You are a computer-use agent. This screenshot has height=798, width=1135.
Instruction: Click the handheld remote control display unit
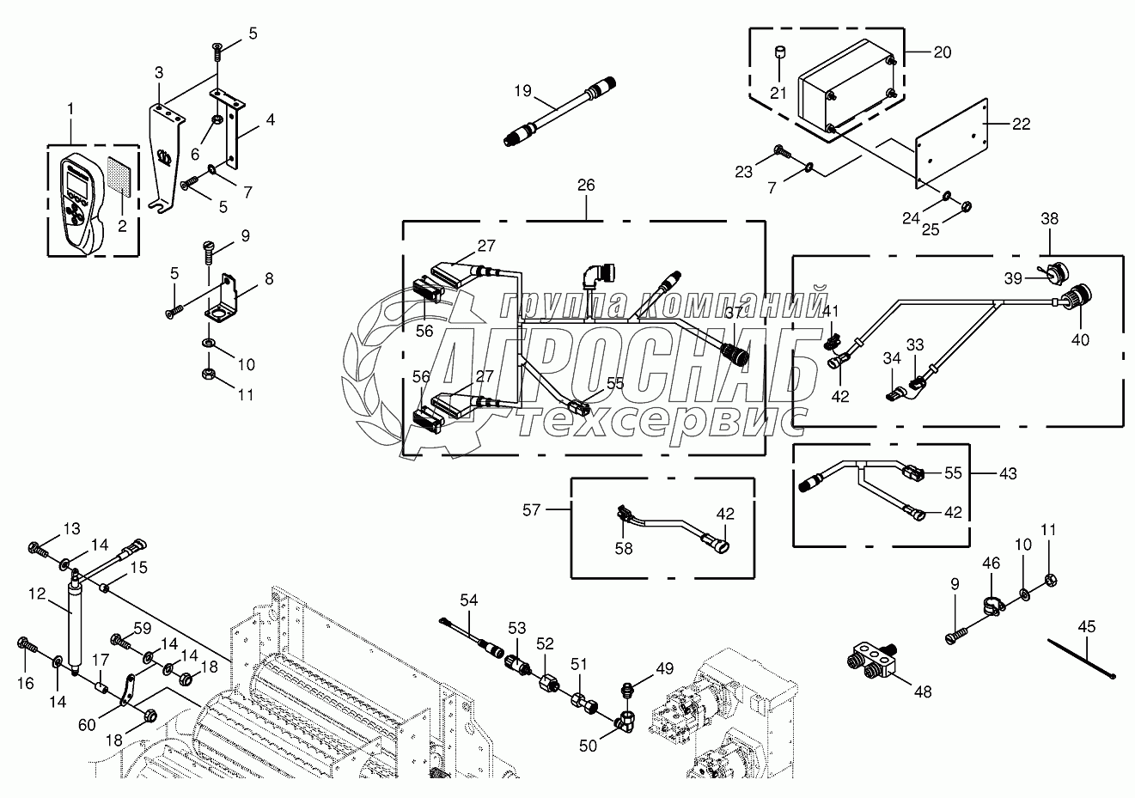[x=79, y=201]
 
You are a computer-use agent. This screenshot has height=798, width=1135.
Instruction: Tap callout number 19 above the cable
[x=523, y=90]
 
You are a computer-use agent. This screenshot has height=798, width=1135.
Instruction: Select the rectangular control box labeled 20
[x=846, y=93]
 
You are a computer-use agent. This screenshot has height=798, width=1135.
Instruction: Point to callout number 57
[x=531, y=509]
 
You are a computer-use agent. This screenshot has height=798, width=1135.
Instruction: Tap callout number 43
[x=1007, y=473]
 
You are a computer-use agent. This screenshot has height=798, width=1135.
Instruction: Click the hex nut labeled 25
[x=965, y=206]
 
